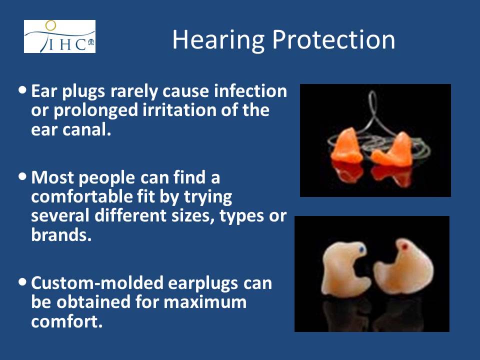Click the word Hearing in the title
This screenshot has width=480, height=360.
[218, 40]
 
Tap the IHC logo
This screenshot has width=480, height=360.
[59, 36]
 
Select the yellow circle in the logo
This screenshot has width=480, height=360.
[50, 25]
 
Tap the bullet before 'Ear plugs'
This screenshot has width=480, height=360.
[22, 90]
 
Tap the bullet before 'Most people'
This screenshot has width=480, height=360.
[22, 176]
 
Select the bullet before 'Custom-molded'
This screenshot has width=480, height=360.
[22, 282]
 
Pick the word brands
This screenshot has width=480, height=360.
[61, 235]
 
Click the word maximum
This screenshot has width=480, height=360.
[205, 302]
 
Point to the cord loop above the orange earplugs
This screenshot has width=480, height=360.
[372, 113]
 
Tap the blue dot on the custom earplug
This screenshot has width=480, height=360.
[362, 249]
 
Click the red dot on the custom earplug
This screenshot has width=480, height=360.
[404, 246]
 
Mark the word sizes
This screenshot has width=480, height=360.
[193, 216]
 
